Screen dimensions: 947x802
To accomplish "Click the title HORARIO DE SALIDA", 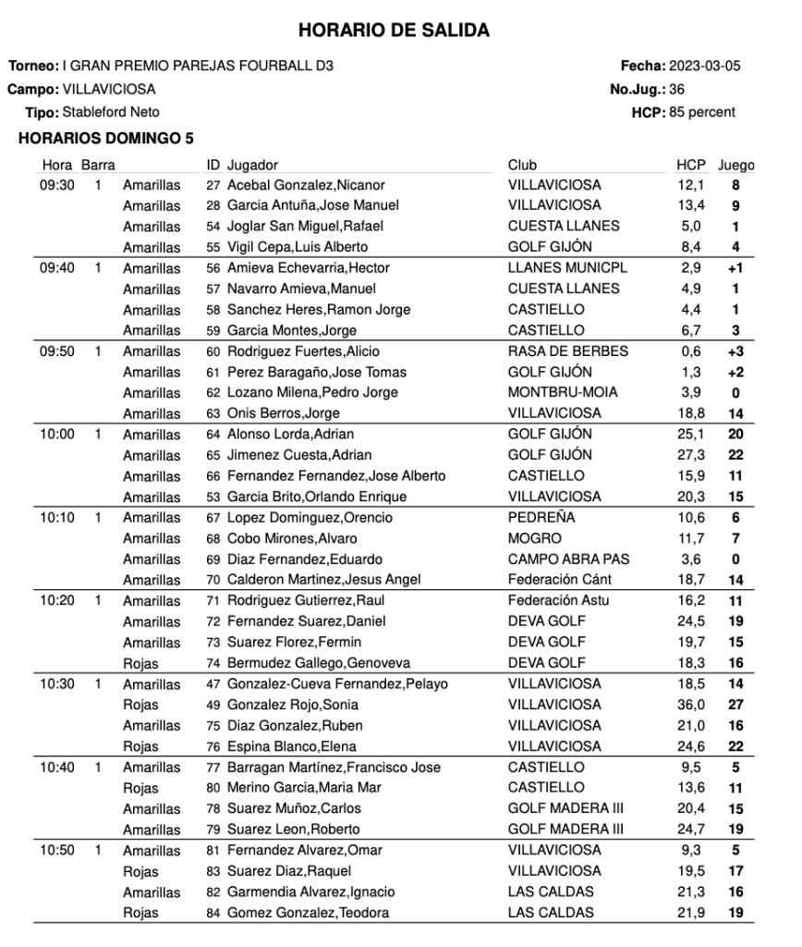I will [394, 31].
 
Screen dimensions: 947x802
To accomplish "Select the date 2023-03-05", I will [704, 67].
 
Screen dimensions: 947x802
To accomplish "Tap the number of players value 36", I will [676, 90].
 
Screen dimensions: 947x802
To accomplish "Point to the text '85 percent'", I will [700, 113].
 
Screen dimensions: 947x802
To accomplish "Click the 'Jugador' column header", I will [252, 166].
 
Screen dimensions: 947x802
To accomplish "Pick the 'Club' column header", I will [522, 166].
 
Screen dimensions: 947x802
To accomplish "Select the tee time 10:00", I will [57, 434].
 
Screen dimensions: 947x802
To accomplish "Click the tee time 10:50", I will [57, 850].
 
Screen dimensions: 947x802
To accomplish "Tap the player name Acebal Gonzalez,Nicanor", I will [306, 185].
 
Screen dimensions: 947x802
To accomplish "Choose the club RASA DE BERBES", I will [568, 351].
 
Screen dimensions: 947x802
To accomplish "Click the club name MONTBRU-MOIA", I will [564, 392].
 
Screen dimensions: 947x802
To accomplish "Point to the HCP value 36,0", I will [690, 705].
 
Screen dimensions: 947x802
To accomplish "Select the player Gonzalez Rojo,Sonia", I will [294, 705].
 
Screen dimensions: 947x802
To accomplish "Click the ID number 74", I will [213, 663].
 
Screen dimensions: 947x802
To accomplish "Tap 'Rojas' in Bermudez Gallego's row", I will [140, 663].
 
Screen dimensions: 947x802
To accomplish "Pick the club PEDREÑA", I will [541, 518].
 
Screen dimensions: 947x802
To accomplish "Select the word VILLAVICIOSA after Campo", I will [109, 90].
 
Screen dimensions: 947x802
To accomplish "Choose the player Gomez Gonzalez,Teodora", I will [308, 913].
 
